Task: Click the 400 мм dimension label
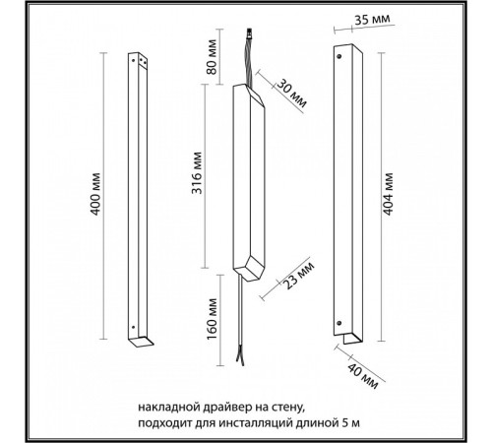tap(94, 194)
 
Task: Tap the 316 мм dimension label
tap(197, 172)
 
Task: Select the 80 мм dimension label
tap(212, 56)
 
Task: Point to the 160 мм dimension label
tap(213, 319)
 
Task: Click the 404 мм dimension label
tap(388, 194)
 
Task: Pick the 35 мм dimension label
tap(372, 19)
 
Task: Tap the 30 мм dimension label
tap(291, 95)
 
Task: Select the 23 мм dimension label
tap(298, 275)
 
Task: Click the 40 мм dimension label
tap(362, 376)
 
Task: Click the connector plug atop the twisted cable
tap(250, 34)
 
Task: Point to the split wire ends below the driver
tap(240, 357)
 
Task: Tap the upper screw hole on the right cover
tap(339, 56)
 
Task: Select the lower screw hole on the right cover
tap(339, 323)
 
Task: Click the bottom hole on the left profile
tap(133, 327)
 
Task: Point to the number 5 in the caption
tap(344, 422)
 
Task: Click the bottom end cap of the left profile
tap(141, 342)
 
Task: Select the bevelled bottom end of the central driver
tap(249, 269)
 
